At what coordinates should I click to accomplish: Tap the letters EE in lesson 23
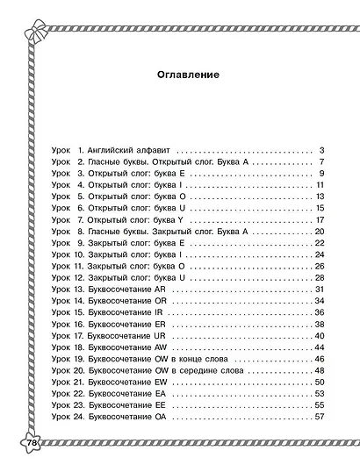click(x=159, y=405)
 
